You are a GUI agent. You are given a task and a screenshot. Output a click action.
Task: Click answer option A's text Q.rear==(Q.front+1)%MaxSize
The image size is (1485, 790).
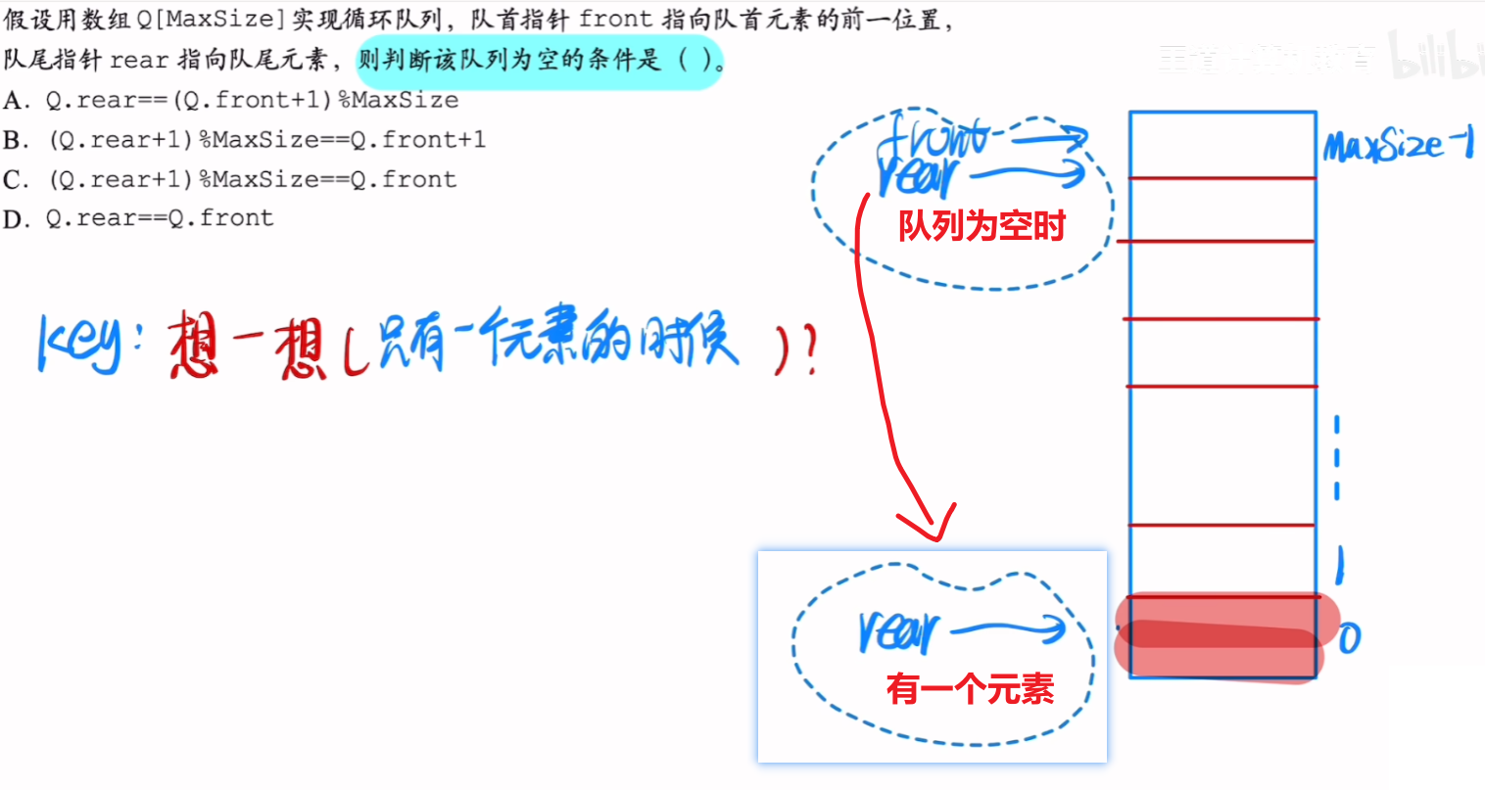[252, 100]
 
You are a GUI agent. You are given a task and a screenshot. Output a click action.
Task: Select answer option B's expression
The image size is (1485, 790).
[266, 140]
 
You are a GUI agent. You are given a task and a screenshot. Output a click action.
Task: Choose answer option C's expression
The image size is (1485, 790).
[252, 179]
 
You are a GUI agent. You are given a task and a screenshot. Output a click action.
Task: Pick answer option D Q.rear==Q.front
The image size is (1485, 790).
[159, 218]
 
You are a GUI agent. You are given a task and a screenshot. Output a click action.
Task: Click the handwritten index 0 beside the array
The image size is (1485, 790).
[1350, 639]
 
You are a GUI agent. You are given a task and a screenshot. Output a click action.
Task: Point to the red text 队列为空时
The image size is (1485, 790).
[982, 226]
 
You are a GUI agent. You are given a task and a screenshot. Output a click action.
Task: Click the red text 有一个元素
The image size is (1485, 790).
[970, 689]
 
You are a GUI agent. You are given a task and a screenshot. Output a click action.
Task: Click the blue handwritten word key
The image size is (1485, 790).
[78, 345]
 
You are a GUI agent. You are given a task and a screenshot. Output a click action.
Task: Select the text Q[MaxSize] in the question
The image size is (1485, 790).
[213, 20]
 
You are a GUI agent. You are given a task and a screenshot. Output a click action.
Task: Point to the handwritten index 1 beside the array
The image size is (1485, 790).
[1340, 565]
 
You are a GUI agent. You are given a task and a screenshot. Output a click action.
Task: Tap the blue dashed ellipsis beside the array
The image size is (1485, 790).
[1337, 458]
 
